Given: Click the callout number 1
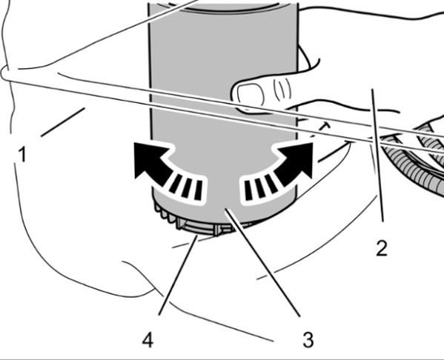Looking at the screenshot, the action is click(x=21, y=153).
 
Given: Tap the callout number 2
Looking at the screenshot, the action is click(x=382, y=248).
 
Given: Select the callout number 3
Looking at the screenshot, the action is click(x=308, y=339).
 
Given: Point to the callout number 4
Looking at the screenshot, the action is click(x=148, y=339).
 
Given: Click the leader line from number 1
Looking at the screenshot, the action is click(x=63, y=122).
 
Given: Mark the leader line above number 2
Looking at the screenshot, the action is click(x=378, y=155).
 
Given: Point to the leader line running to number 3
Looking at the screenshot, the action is click(x=262, y=262).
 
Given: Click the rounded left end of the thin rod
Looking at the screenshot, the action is click(x=4, y=74).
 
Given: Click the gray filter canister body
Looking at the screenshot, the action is click(x=224, y=65).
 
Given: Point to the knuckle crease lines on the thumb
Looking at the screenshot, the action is click(x=282, y=89).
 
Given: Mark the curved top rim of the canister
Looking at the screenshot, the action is click(x=224, y=8).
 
